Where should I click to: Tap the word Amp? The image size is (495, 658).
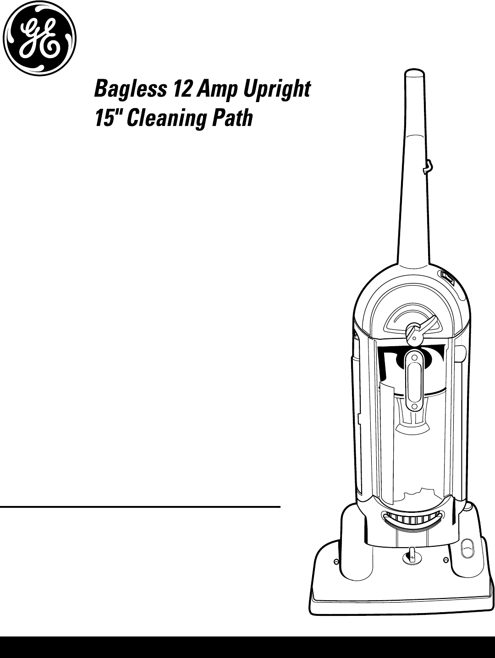pyautogui.click(x=217, y=89)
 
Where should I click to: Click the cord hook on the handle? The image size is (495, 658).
pyautogui.click(x=428, y=167)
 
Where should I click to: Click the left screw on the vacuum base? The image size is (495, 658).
pyautogui.click(x=336, y=562)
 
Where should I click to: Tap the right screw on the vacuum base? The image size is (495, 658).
pyautogui.click(x=446, y=560)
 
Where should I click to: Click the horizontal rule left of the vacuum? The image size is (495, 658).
pyautogui.click(x=140, y=507)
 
